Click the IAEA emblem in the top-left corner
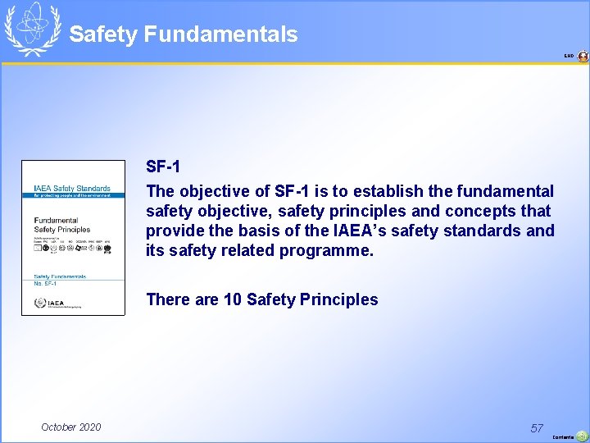32,30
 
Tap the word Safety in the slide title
103,34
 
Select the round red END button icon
583,57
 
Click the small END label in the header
569,57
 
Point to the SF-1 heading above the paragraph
163,167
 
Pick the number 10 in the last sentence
233,299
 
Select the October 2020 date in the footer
71,427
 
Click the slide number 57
537,427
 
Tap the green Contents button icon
582,436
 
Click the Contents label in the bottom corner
563,437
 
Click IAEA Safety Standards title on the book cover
72,189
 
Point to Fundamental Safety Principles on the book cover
62,225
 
